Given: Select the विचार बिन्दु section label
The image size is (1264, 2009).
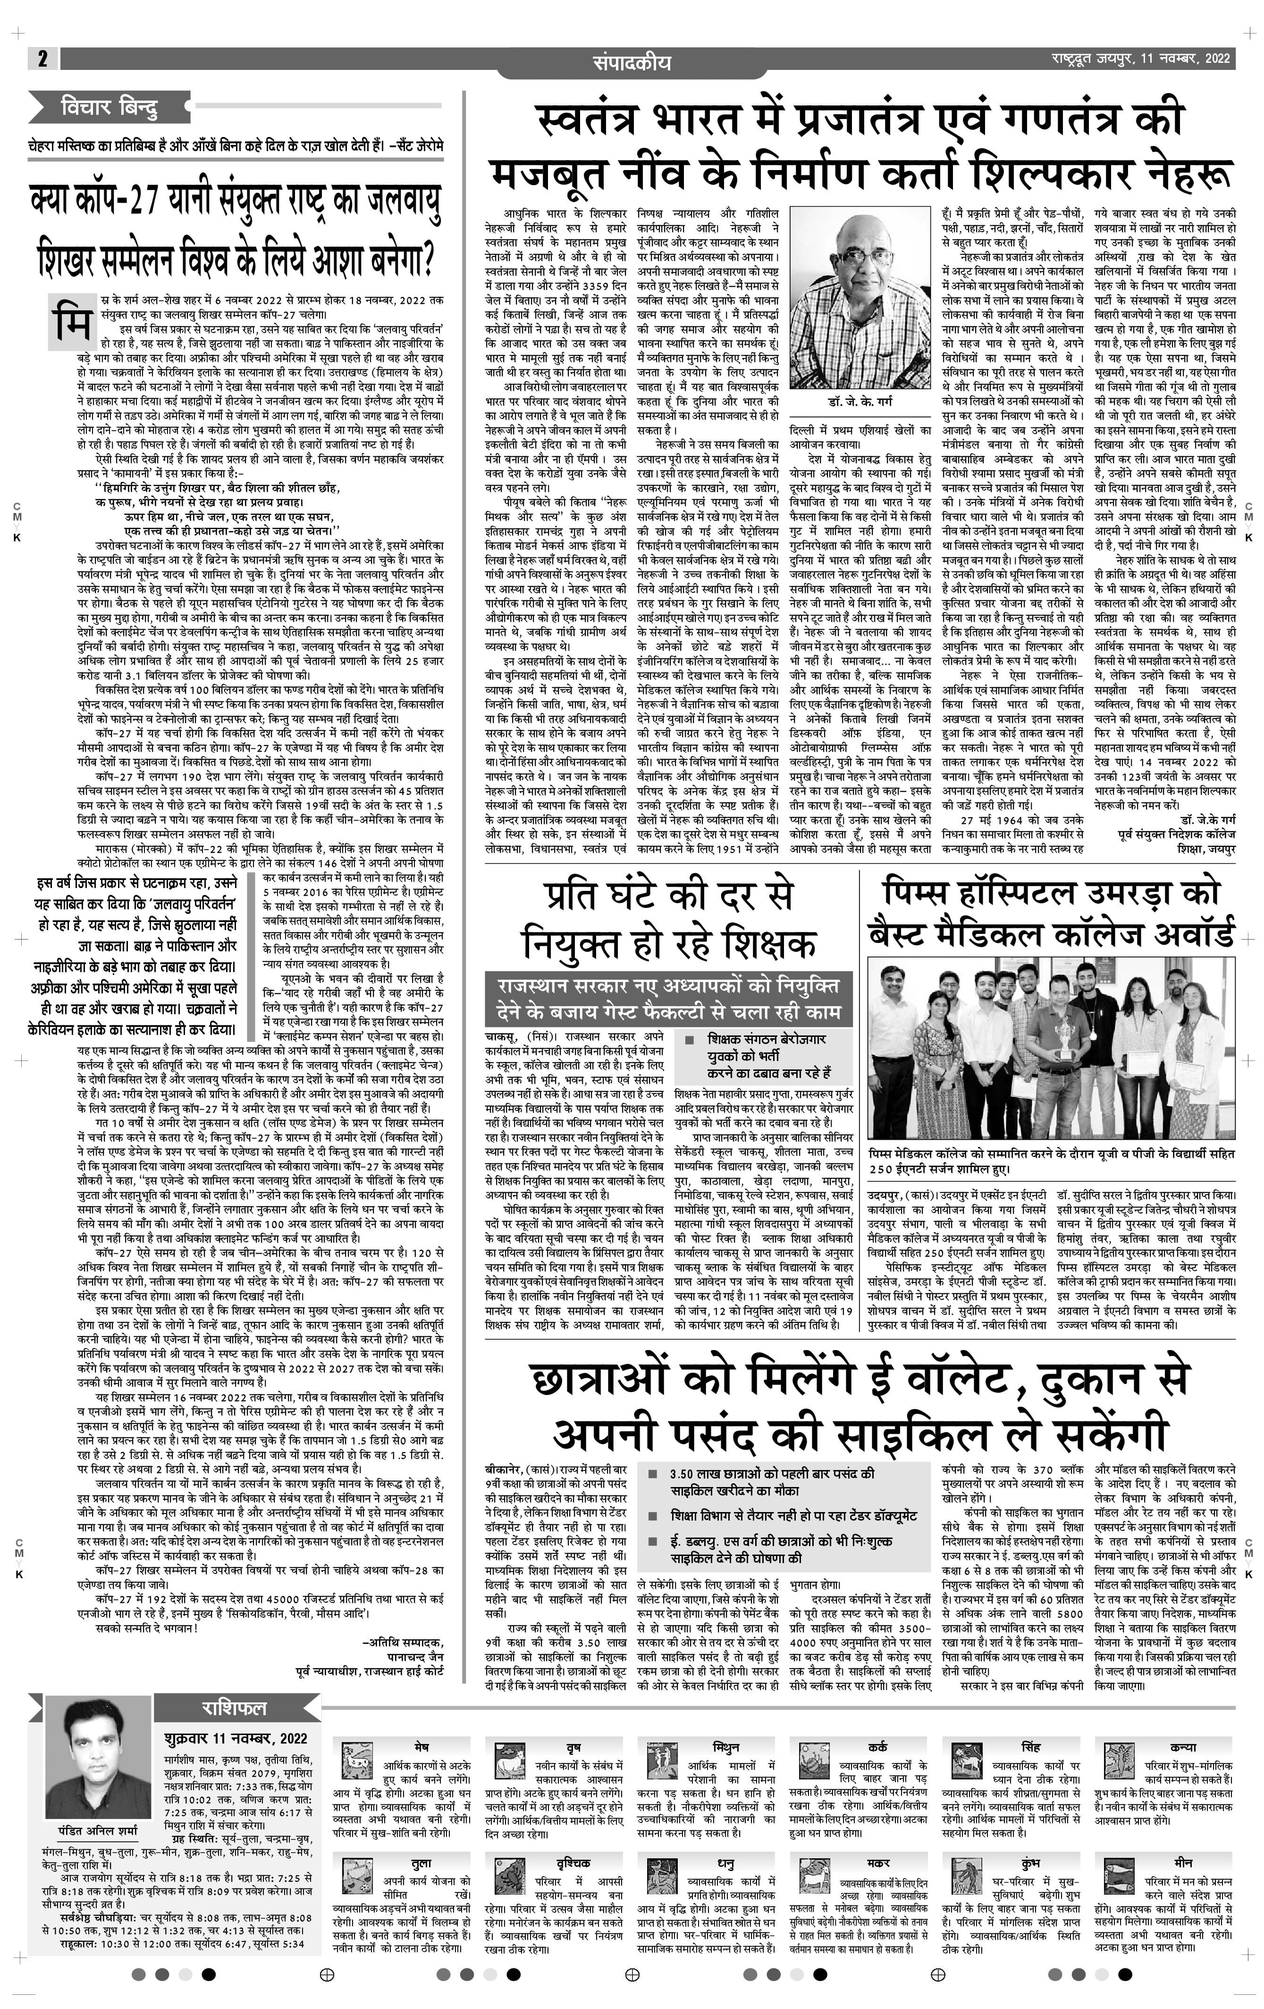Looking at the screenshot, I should [109, 109].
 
